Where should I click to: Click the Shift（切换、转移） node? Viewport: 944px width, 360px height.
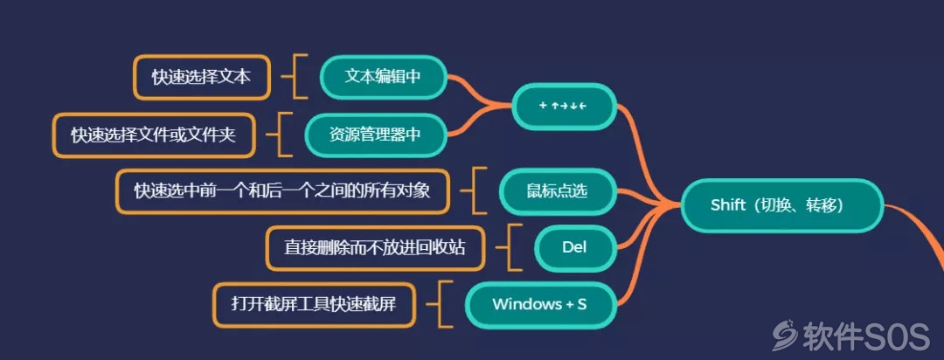(x=782, y=205)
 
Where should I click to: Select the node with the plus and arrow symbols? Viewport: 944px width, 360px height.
(x=564, y=106)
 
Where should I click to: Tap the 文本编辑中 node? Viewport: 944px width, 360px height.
(x=383, y=77)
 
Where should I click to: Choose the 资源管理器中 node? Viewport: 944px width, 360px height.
(x=375, y=135)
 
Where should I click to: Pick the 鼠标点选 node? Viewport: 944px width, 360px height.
(x=558, y=191)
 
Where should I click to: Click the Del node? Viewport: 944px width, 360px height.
(x=575, y=247)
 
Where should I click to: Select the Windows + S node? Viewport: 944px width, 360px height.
(x=540, y=304)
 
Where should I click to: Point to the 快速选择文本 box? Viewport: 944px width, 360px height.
(x=201, y=77)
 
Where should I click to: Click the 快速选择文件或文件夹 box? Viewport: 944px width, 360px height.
(x=154, y=135)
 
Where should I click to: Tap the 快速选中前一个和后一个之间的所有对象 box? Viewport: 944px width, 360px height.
(x=282, y=191)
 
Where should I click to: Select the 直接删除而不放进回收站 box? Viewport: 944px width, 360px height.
(x=375, y=248)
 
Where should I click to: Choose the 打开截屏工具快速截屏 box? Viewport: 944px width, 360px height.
(x=314, y=305)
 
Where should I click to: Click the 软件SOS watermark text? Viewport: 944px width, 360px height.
(x=864, y=336)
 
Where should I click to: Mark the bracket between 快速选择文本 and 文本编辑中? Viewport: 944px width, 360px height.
(x=295, y=77)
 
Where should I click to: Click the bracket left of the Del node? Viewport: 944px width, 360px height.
(x=510, y=247)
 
